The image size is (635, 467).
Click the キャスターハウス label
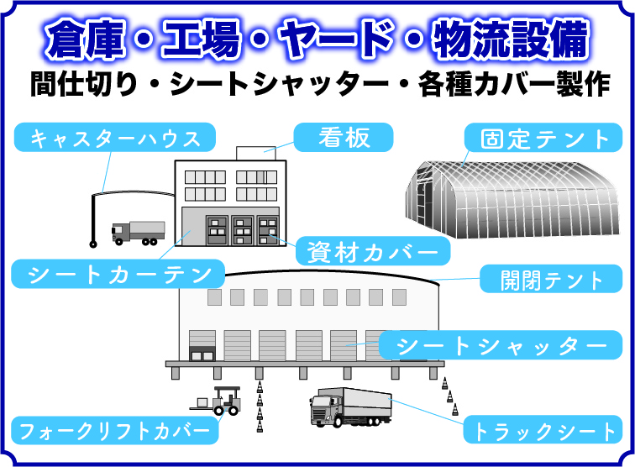pyautogui.click(x=115, y=138)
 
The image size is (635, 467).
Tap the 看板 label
pyautogui.click(x=344, y=138)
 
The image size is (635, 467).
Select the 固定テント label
pyautogui.click(x=543, y=138)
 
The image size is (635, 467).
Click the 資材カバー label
pyautogui.click(x=373, y=251)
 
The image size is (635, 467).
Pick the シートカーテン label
pyautogui.click(x=118, y=274)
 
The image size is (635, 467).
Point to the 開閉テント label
pyautogui.click(x=551, y=279)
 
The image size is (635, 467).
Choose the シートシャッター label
pyautogui.click(x=501, y=345)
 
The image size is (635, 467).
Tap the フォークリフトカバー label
pyautogui.click(x=114, y=430)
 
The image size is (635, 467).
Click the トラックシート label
pyautogui.click(x=543, y=429)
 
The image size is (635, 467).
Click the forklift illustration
pyautogui.click(x=218, y=401)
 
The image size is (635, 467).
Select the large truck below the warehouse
pyautogui.click(x=351, y=407)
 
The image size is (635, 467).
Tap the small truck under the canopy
pyautogui.click(x=138, y=233)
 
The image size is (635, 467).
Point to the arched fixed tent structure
pyautogui.click(x=512, y=199)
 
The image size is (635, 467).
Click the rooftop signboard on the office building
pyautogui.click(x=256, y=153)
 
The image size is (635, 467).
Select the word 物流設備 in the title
pyautogui.click(x=511, y=39)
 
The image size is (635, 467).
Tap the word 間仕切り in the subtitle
pyautogui.click(x=84, y=84)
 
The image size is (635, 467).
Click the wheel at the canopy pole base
pyautogui.click(x=93, y=244)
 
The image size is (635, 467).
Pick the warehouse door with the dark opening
pyautogui.click(x=202, y=346)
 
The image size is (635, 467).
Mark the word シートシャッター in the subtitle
pyautogui.click(x=279, y=84)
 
